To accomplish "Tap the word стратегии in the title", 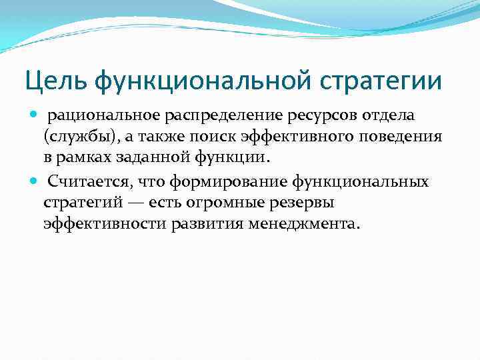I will pyautogui.click(x=385, y=82).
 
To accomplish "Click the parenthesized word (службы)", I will pyautogui.click(x=77, y=137).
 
